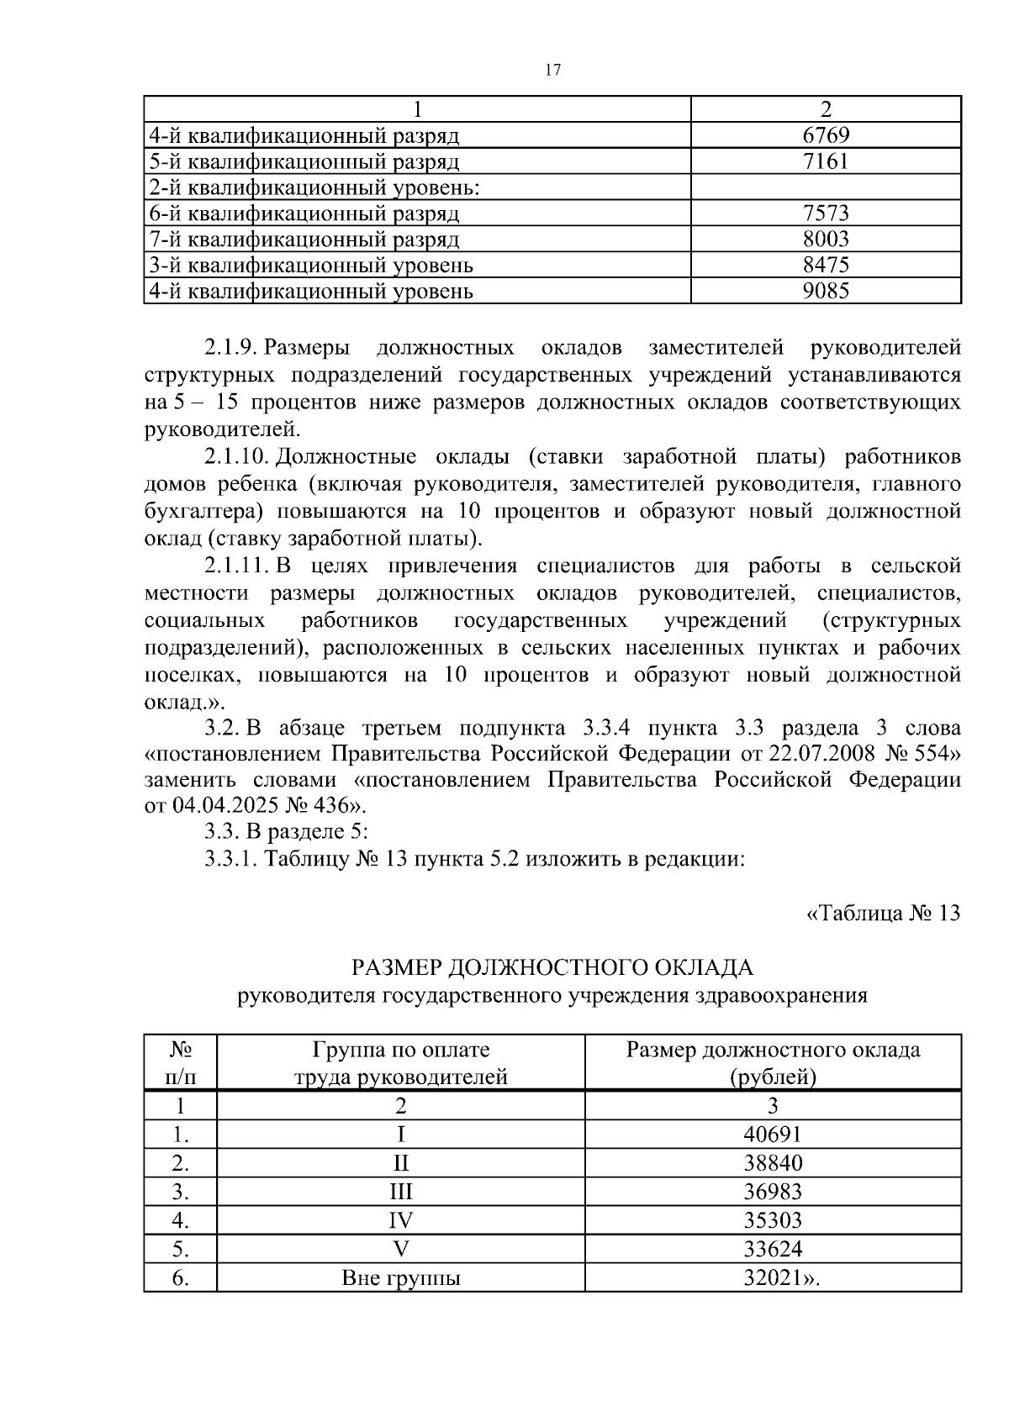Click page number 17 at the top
[552, 71]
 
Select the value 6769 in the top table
[826, 135]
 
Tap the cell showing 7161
[826, 161]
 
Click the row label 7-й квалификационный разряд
[304, 240]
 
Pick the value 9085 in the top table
[826, 292]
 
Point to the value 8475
[826, 266]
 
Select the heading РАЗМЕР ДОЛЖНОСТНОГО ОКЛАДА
[552, 968]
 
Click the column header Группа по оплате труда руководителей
[400, 1063]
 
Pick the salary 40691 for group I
[773, 1135]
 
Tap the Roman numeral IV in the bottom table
[400, 1221]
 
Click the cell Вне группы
[400, 1279]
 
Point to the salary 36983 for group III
[773, 1193]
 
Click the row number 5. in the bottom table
[180, 1250]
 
